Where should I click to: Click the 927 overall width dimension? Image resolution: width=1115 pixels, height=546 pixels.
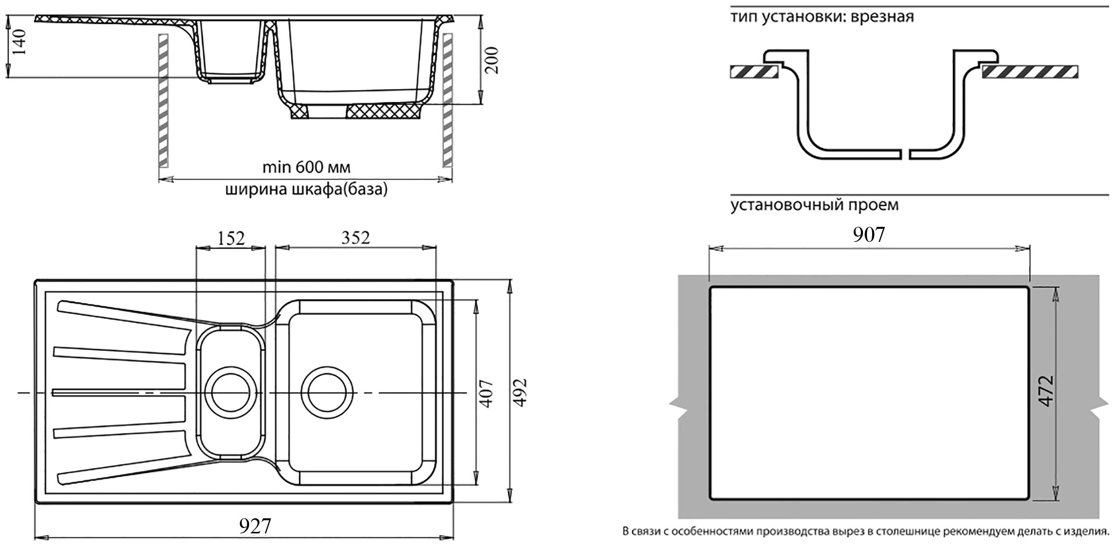[x=255, y=526]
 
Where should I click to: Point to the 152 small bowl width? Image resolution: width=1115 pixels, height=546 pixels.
[x=231, y=238]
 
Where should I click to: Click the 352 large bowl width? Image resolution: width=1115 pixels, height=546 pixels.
[x=355, y=238]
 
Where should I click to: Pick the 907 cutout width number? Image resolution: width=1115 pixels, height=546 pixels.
[x=869, y=235]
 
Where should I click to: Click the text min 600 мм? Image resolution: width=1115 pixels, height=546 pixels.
[x=306, y=168]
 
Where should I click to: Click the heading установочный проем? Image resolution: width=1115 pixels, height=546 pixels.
[x=814, y=205]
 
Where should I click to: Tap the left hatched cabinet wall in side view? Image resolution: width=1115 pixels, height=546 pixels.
[x=164, y=100]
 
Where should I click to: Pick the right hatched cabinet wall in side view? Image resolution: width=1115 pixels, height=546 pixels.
[x=447, y=100]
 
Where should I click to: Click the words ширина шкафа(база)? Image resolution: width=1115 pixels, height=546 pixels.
[x=306, y=190]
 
